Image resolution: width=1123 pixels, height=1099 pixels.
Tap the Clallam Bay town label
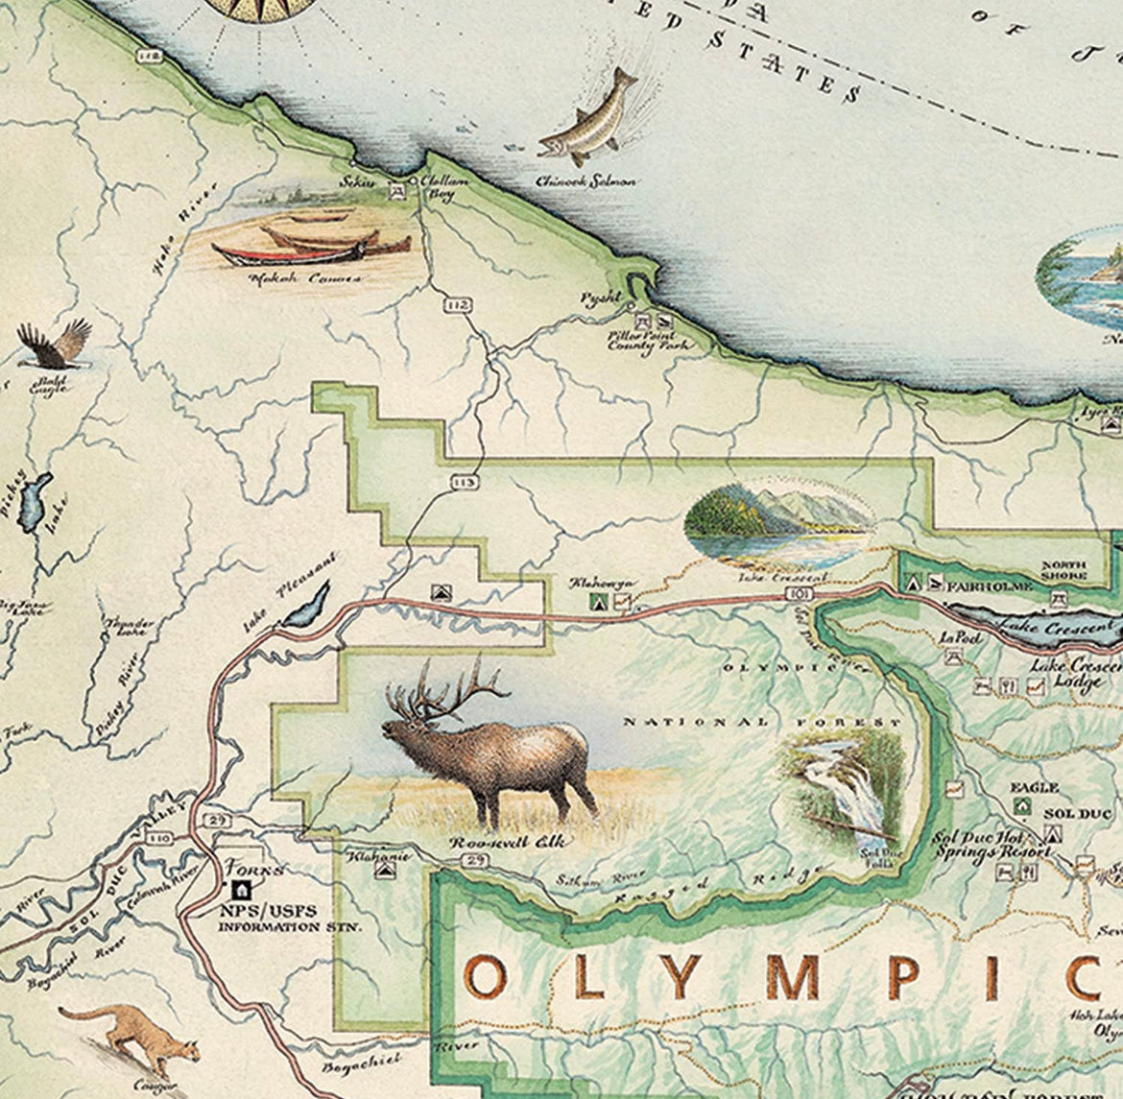[441, 187]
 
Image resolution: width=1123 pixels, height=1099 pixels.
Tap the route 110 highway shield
[159, 838]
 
